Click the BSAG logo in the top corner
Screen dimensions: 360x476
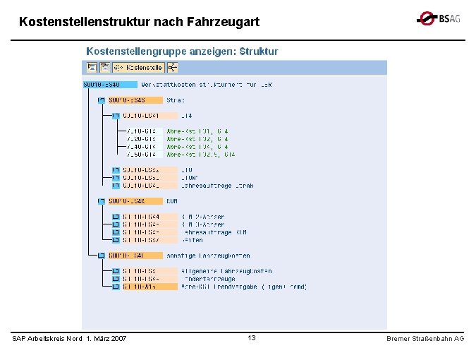[438, 19]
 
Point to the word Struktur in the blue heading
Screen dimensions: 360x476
[259, 52]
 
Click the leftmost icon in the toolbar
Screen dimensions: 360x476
[92, 68]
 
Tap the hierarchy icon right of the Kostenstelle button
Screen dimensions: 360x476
[173, 68]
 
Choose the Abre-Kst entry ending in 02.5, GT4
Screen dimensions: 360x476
[201, 154]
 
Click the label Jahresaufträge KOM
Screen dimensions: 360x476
[214, 232]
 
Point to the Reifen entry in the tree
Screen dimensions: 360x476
[193, 240]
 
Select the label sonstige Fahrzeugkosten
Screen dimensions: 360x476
[208, 256]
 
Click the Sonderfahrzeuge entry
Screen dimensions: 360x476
[209, 279]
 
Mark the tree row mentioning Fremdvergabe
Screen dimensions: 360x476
[243, 287]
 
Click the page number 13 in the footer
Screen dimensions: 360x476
[252, 339]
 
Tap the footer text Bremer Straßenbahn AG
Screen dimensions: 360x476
[425, 340]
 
